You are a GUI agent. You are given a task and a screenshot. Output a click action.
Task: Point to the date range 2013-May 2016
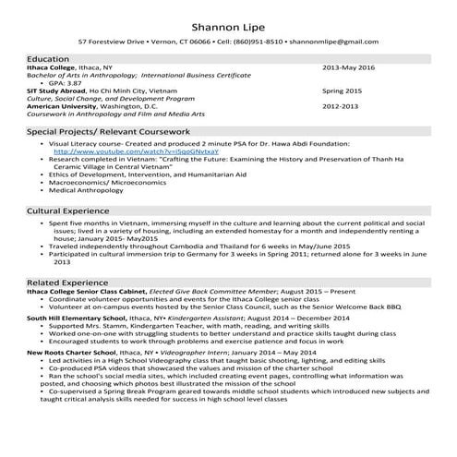[x=349, y=67]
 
